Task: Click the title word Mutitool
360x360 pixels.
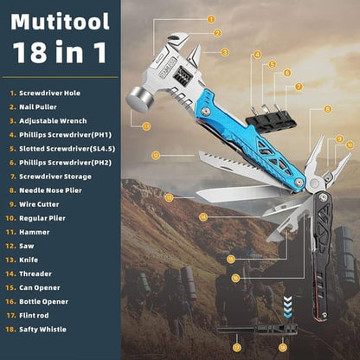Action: click(59, 22)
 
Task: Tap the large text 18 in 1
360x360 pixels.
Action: click(59, 52)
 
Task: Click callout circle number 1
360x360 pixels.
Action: click(211, 18)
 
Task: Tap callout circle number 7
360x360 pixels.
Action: click(299, 87)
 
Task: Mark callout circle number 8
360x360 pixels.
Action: click(328, 109)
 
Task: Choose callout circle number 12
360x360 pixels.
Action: click(155, 156)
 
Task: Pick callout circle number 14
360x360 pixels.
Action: click(202, 216)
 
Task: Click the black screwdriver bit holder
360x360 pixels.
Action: click(272, 117)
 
